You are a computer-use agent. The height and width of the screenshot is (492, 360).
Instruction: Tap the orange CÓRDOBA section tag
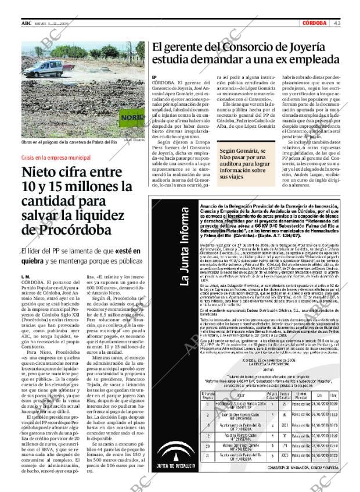coord(316,23)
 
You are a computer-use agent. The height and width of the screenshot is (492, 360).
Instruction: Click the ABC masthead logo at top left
coord(27,23)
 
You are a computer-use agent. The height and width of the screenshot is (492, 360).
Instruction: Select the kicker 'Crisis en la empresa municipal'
coord(56,157)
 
